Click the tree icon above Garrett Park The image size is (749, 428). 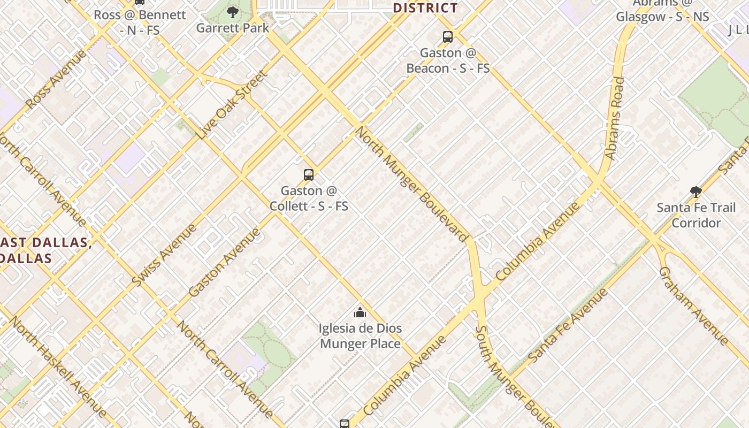point(232,12)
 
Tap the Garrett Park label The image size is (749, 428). point(232,28)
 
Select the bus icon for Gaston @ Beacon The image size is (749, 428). point(448,37)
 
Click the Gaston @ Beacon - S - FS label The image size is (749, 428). point(448,60)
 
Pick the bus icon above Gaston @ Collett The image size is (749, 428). point(309,174)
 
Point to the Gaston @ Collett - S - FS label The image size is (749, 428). point(309,198)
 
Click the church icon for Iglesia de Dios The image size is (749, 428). point(360,312)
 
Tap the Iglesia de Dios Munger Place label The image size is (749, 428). point(360,335)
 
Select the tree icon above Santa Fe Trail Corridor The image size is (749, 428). point(695,192)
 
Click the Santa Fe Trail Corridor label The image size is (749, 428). point(696,215)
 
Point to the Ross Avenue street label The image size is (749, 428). point(56,80)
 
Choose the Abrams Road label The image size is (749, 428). point(615,118)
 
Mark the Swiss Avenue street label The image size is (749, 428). point(164,255)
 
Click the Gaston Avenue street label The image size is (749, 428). point(225,262)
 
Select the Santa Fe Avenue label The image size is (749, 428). point(568,325)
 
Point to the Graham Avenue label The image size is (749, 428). point(693,305)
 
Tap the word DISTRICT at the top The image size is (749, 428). point(425,7)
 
